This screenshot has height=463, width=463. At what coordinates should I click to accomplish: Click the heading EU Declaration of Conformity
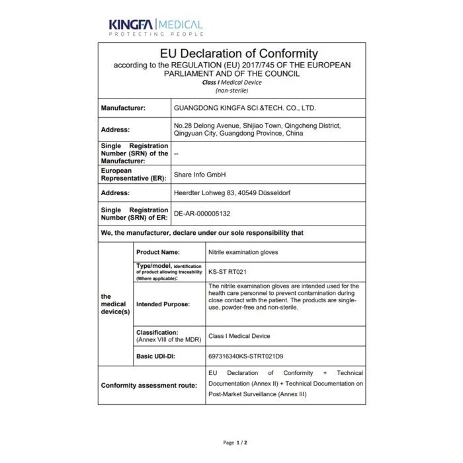(x=239, y=54)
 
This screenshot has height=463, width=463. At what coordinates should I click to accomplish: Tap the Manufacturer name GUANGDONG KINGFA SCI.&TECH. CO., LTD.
(x=245, y=107)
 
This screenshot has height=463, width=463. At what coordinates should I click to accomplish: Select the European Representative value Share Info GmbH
(x=200, y=175)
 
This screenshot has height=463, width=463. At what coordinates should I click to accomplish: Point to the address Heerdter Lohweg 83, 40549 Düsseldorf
(x=232, y=193)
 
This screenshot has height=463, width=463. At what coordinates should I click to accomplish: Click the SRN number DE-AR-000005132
(x=202, y=214)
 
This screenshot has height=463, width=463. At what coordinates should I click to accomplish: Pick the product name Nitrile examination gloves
(x=243, y=252)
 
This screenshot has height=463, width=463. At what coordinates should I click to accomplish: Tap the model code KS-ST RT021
(x=228, y=272)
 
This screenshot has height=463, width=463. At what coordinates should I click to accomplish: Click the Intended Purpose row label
(x=163, y=304)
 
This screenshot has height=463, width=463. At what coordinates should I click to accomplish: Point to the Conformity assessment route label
(x=149, y=385)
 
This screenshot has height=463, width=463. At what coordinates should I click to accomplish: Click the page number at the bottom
(x=235, y=442)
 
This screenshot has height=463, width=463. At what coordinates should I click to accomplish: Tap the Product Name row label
(x=158, y=252)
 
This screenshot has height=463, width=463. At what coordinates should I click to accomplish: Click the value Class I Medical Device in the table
(x=239, y=336)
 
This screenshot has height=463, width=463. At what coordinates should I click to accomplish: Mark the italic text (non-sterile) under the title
(x=232, y=90)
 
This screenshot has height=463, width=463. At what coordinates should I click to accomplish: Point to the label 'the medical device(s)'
(x=115, y=304)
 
